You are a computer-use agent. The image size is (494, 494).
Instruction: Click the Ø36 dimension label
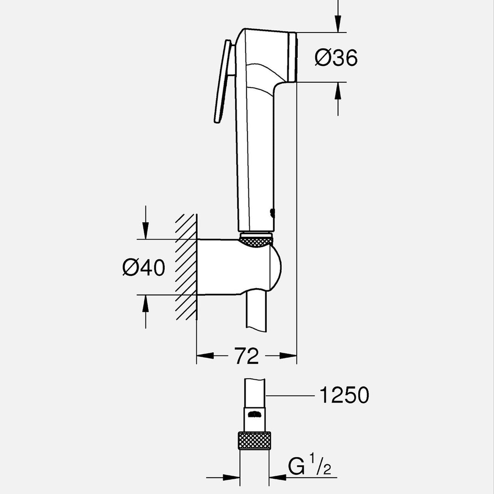[336, 58]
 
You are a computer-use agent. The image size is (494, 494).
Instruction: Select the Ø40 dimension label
[144, 268]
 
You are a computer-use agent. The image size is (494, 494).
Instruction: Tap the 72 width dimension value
[247, 356]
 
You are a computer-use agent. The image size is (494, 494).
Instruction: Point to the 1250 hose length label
[344, 395]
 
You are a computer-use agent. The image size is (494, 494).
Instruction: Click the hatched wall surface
[187, 268]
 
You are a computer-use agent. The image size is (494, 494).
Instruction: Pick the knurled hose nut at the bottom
[255, 441]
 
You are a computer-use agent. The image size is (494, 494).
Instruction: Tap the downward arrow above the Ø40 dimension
[145, 229]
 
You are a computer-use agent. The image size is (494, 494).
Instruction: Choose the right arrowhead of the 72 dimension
[289, 356]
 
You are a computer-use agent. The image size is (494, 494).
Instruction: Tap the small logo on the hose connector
[255, 415]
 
